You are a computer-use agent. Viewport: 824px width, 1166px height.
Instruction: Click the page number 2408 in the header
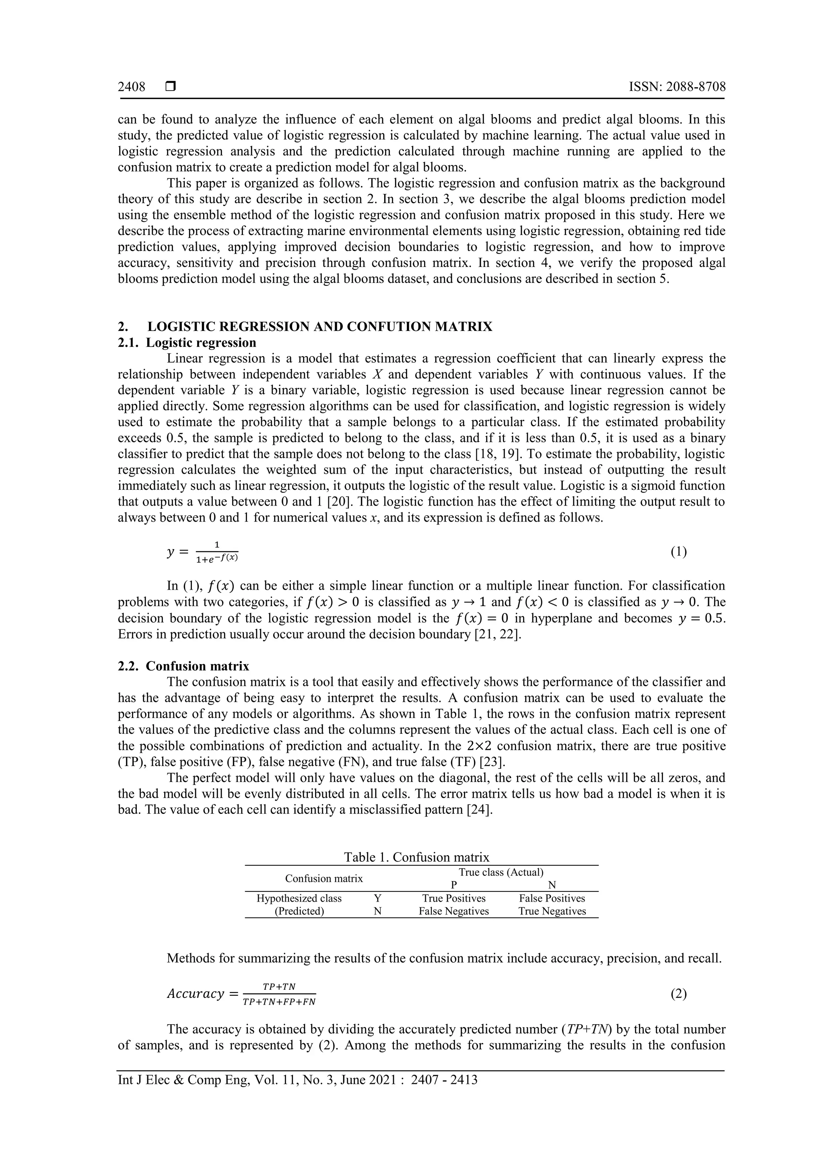132,87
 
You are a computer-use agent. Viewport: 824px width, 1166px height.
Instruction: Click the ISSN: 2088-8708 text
677,87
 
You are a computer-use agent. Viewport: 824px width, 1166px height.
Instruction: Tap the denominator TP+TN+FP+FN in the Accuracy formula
279,1002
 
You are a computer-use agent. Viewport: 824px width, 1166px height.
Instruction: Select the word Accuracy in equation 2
196,994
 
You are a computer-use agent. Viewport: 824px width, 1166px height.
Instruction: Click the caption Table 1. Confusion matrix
416,857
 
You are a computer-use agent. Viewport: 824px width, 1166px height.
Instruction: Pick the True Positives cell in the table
454,898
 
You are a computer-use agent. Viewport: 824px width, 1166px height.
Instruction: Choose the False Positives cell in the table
552,898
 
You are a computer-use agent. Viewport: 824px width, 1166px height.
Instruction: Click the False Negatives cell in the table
453,911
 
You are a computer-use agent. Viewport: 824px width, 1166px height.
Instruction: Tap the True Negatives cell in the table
552,911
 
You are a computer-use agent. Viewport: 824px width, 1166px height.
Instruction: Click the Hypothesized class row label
299,898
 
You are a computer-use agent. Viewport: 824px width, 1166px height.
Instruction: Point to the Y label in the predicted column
377,898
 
